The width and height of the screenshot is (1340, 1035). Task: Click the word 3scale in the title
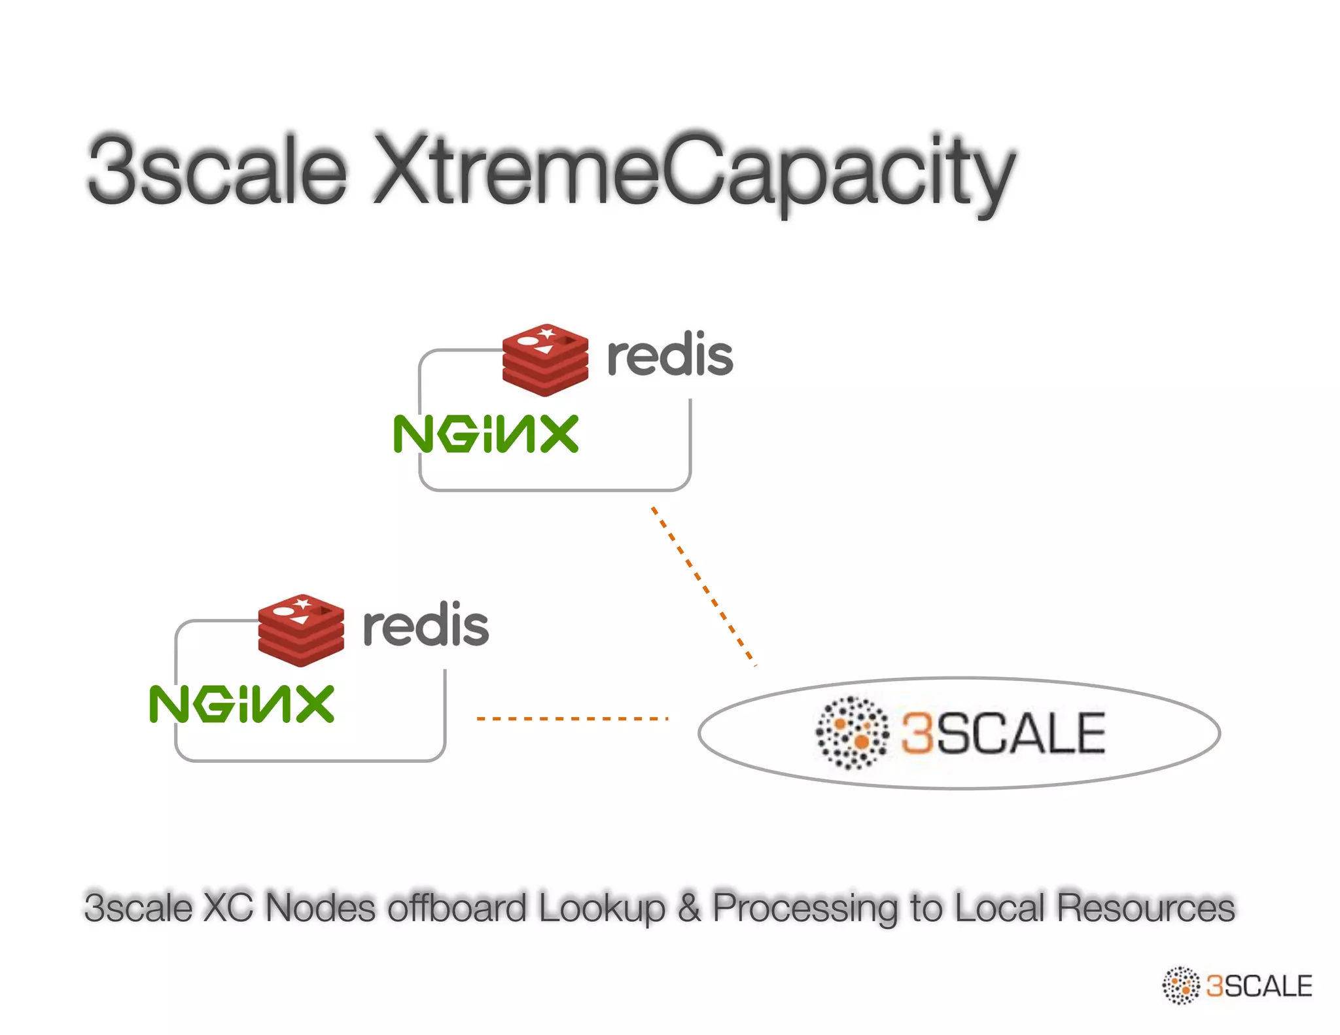coord(216,170)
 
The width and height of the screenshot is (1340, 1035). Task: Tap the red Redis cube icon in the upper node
coord(544,359)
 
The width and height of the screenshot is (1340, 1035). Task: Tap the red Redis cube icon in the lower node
coord(300,630)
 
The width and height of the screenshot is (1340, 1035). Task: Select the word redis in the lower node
coord(425,625)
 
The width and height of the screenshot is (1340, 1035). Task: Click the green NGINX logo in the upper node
coord(485,433)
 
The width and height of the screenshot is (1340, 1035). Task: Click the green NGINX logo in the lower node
coord(241,704)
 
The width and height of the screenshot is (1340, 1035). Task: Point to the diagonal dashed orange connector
coord(703,586)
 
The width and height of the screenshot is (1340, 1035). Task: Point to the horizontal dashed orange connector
coord(573,718)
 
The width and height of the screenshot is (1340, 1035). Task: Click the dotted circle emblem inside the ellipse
coord(852,733)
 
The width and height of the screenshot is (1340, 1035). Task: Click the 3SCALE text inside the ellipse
coord(1003,733)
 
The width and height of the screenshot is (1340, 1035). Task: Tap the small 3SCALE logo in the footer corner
coord(1237,985)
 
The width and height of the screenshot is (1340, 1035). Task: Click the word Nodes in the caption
coord(320,907)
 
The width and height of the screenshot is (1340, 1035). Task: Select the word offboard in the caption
coord(457,907)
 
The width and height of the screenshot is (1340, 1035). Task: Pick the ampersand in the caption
coord(688,907)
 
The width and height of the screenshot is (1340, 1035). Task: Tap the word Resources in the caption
coord(1145,907)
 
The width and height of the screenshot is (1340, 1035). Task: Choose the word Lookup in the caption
coord(602,907)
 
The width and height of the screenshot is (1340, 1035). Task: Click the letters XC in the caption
coord(227,907)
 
